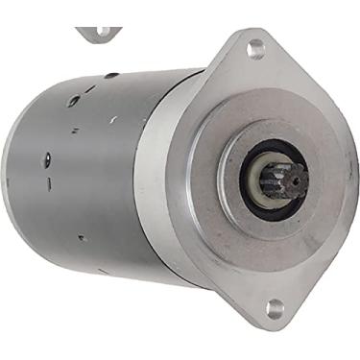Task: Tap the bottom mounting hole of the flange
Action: (276, 308)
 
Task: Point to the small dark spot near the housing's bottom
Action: (81, 236)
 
